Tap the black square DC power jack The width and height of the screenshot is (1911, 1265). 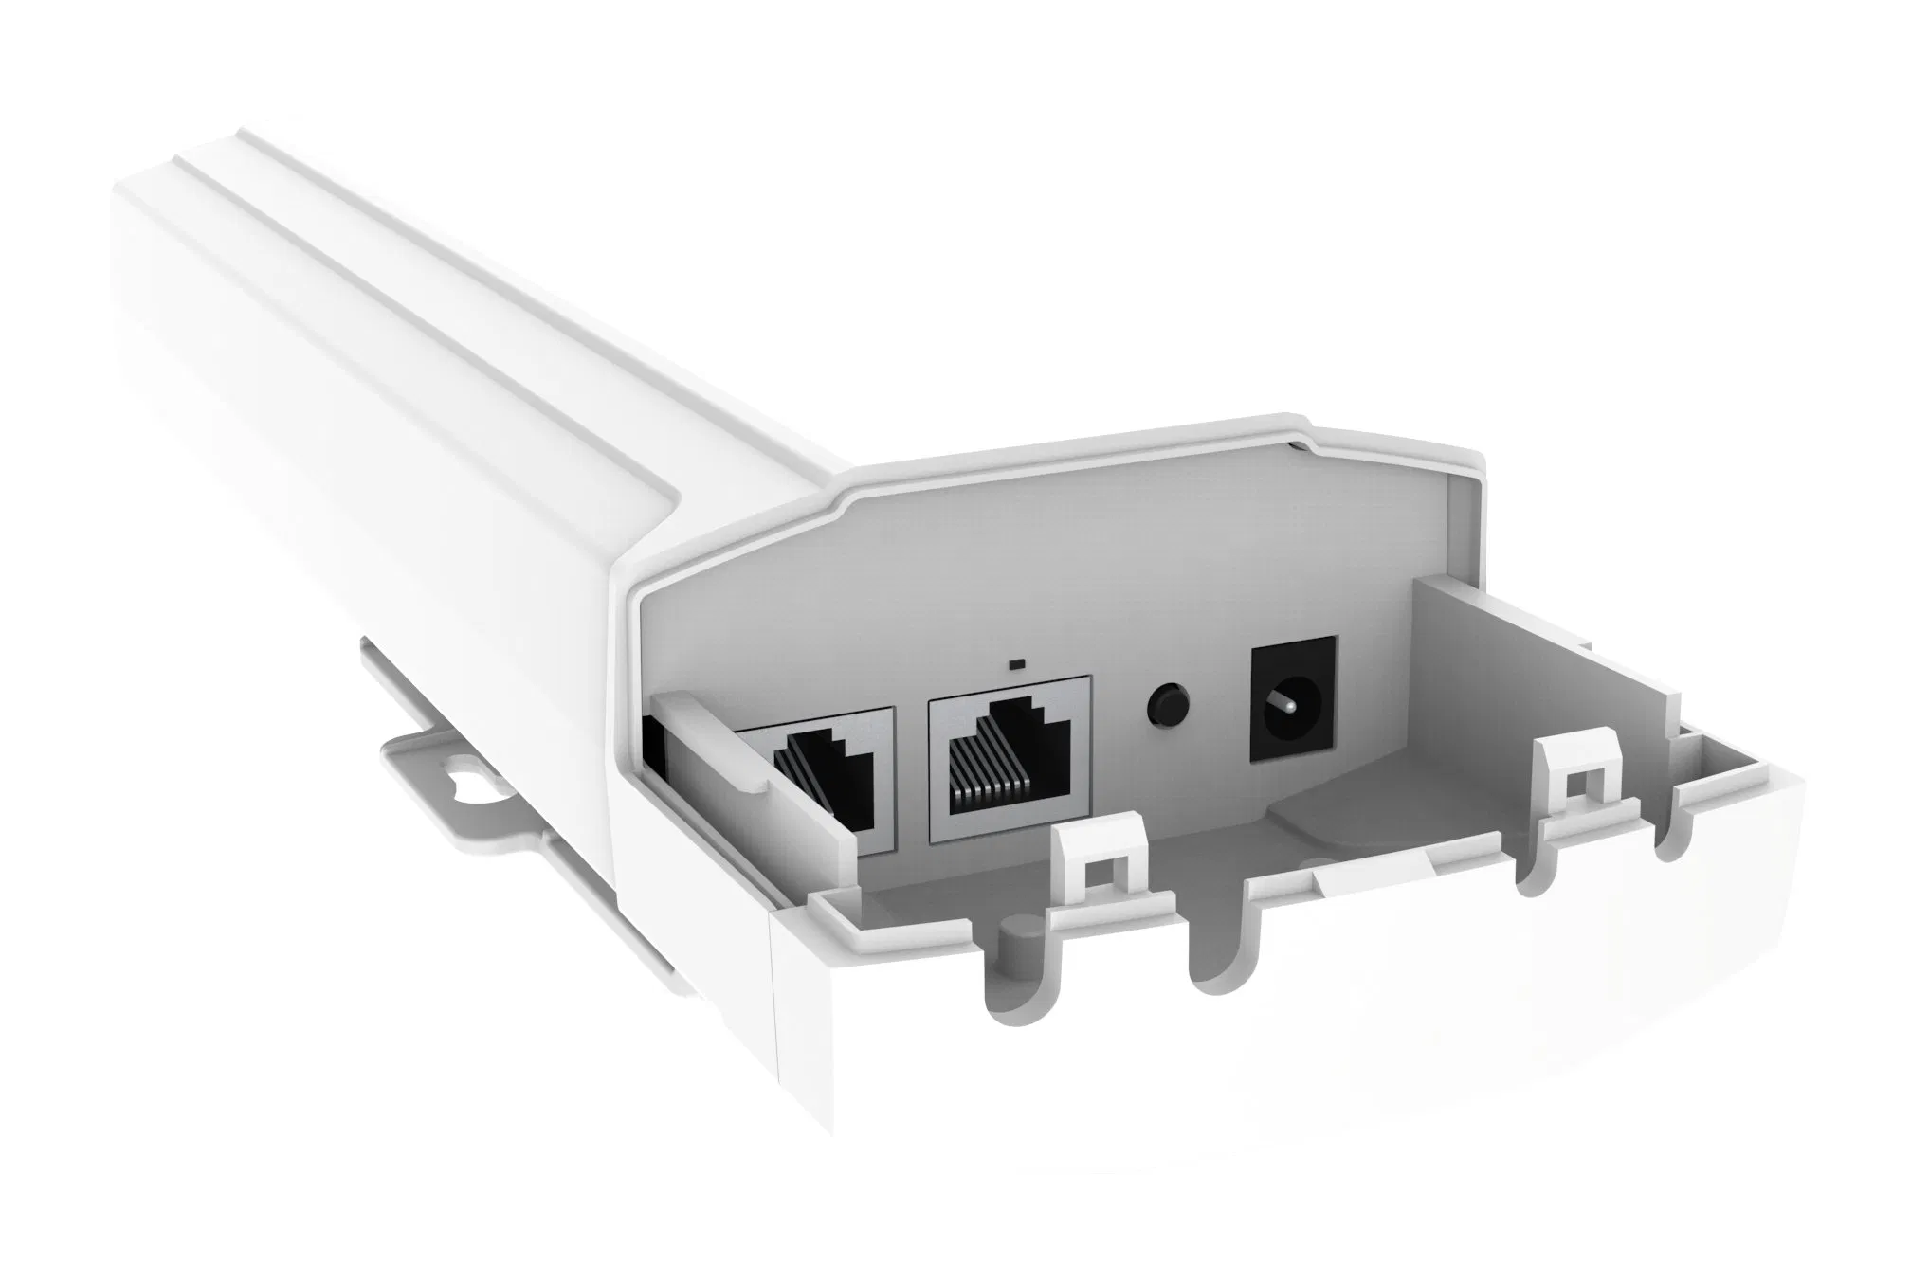tap(1295, 702)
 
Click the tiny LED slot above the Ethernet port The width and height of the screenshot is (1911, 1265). tap(1018, 662)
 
